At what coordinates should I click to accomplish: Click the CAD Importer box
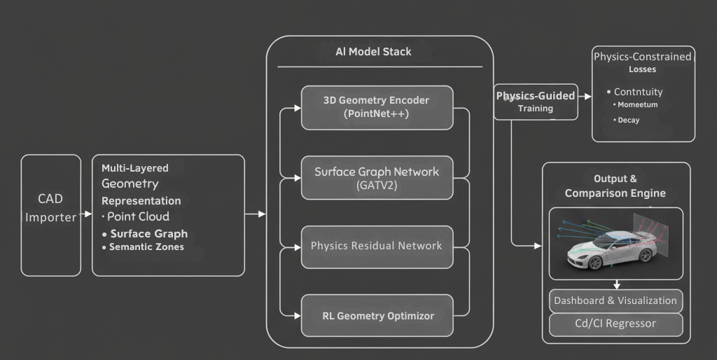click(x=50, y=214)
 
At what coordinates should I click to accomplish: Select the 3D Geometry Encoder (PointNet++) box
click(x=377, y=107)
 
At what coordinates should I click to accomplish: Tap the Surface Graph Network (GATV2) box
click(x=377, y=178)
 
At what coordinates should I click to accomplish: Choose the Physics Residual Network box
click(x=377, y=247)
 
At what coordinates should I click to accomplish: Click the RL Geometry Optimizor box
click(x=377, y=316)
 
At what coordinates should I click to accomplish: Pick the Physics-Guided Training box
click(x=536, y=102)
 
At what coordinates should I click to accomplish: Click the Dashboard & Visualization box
click(x=615, y=301)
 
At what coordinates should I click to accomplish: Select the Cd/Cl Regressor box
click(x=615, y=324)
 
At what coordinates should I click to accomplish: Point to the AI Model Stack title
click(x=373, y=52)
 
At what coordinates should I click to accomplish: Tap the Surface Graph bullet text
click(x=148, y=234)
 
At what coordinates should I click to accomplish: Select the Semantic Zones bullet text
click(x=146, y=247)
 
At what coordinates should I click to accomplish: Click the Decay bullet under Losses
click(x=628, y=120)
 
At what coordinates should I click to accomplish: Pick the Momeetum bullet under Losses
click(x=637, y=105)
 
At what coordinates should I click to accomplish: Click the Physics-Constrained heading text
click(x=642, y=57)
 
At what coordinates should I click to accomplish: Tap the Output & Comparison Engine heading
click(x=615, y=186)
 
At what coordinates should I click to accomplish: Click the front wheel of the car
click(x=596, y=262)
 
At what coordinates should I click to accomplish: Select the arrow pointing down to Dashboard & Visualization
click(x=616, y=284)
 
